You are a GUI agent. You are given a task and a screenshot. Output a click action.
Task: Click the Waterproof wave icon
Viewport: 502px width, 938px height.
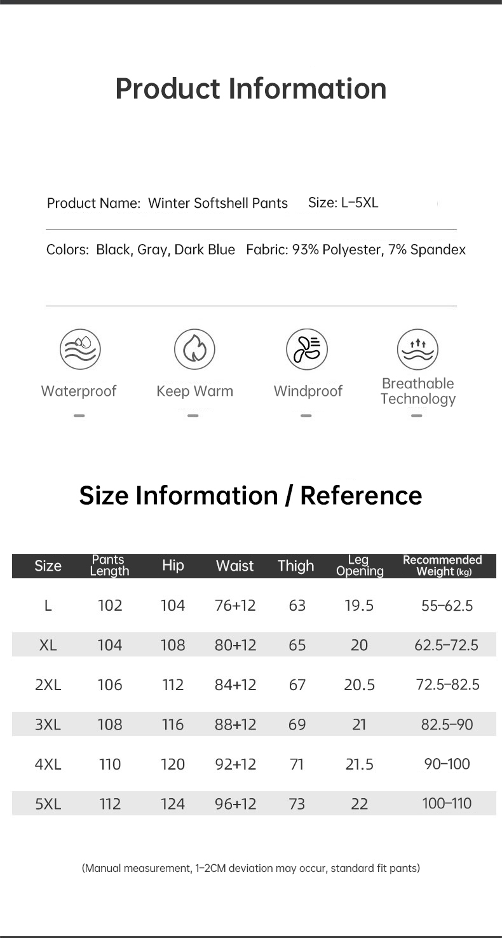(80, 350)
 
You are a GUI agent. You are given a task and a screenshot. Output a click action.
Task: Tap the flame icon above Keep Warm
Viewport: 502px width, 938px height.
(194, 350)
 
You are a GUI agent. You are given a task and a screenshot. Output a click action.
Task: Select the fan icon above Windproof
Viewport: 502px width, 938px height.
(307, 350)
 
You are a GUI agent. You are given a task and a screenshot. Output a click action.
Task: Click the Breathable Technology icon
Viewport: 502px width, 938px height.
(417, 350)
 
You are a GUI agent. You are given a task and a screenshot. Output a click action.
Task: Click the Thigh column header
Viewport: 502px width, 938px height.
(295, 566)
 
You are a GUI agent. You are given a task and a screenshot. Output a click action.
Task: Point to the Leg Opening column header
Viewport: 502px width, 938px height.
(360, 566)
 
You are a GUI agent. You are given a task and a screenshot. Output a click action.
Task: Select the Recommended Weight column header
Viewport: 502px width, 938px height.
(443, 566)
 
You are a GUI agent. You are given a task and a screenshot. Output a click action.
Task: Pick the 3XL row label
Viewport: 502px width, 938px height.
(48, 724)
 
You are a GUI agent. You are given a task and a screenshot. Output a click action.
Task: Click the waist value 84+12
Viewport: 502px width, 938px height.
(235, 685)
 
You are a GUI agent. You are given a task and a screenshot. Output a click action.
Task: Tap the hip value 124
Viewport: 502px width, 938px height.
(172, 804)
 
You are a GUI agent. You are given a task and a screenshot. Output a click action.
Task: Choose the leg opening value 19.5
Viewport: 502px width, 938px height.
(359, 606)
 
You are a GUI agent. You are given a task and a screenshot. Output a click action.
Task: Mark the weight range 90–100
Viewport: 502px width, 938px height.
(447, 764)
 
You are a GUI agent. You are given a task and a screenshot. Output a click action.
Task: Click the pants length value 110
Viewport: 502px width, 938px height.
(110, 765)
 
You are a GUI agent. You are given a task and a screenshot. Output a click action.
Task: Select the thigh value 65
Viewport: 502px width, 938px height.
(297, 646)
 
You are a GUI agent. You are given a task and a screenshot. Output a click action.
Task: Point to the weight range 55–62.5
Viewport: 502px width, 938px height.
(447, 606)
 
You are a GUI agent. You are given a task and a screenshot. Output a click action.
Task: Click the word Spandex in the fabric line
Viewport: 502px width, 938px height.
(438, 250)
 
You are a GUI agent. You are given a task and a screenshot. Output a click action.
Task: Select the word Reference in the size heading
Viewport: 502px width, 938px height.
(361, 496)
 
